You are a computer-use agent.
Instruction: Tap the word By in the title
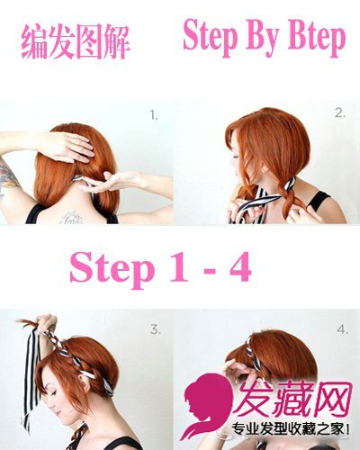(262, 39)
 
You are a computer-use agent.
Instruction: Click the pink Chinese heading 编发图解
(76, 42)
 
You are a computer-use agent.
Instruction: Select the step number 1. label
(154, 115)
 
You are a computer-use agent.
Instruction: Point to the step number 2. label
(340, 113)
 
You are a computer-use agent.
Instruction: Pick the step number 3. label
(156, 329)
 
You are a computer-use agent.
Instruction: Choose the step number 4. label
(342, 329)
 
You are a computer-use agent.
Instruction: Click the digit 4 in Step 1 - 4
(240, 266)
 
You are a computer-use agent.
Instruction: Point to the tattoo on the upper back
(71, 218)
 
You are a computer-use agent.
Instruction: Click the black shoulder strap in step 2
(318, 201)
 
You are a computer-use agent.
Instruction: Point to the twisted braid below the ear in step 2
(287, 196)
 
